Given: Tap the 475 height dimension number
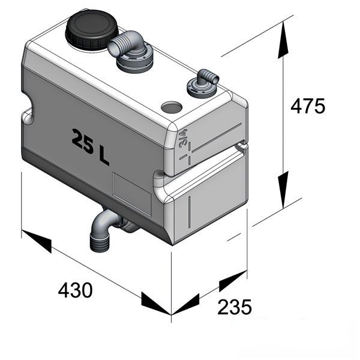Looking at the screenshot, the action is [x=308, y=106].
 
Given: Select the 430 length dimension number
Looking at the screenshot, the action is [x=76, y=290].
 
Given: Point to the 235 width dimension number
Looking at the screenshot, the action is [x=235, y=307].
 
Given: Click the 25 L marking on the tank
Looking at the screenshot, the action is [x=90, y=147].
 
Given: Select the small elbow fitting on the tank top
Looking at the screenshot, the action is [x=203, y=84].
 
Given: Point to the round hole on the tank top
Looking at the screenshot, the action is [x=172, y=107].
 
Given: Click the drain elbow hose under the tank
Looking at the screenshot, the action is [x=106, y=230].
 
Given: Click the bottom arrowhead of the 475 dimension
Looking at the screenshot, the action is [x=283, y=190].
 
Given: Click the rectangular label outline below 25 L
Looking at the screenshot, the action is [x=132, y=194].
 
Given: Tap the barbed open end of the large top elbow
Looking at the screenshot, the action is [x=115, y=47].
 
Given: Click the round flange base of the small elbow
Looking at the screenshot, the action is [x=201, y=90].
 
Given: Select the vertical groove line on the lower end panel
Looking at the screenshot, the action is [x=190, y=212].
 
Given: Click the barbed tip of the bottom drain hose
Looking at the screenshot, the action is [x=99, y=244].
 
